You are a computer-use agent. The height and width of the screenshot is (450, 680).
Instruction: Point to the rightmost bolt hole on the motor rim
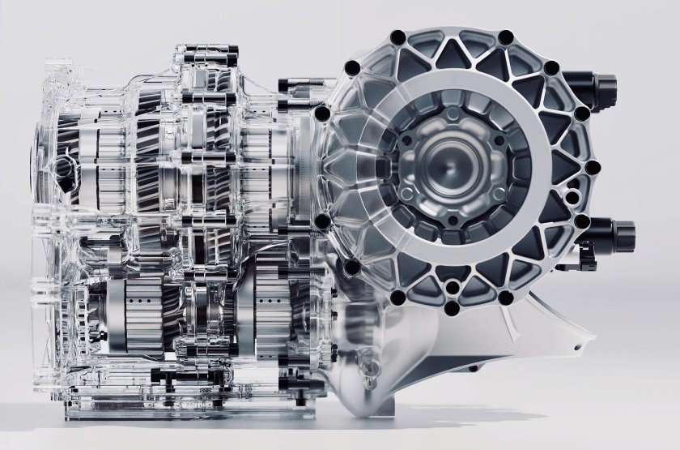[x=593, y=168]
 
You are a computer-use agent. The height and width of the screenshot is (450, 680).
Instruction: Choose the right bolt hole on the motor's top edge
[x=506, y=36]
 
